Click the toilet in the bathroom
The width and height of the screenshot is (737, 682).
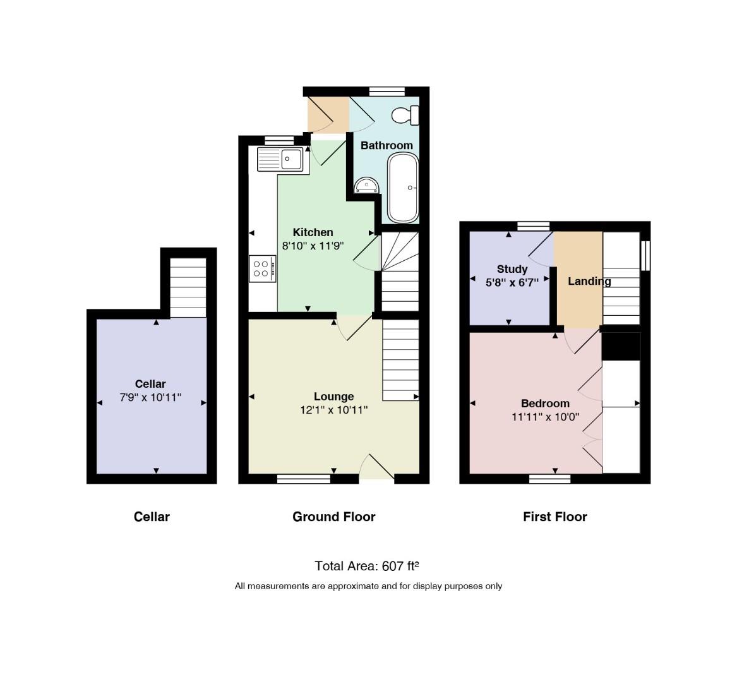405,115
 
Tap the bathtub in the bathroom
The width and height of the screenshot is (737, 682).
403,188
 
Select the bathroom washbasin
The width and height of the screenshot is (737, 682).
367,185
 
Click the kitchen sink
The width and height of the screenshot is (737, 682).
280,159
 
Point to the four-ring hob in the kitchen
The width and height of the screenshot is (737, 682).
262,268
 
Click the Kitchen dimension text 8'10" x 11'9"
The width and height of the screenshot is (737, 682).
313,246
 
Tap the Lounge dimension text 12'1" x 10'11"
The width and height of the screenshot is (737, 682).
333,410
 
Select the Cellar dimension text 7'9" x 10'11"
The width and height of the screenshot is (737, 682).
150,397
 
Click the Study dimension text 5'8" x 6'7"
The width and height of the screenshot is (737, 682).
512,282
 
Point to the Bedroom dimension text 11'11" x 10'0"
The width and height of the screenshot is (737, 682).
545,416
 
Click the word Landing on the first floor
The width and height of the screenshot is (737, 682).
589,282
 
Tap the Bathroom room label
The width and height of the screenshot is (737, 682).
387,145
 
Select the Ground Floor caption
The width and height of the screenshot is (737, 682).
333,517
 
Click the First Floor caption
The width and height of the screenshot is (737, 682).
555,517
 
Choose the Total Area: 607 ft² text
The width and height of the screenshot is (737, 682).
367,566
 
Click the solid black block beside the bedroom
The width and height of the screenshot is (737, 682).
621,347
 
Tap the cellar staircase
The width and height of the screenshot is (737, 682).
188,287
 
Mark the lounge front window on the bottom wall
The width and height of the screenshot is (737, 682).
304,479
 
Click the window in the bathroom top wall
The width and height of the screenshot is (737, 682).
387,91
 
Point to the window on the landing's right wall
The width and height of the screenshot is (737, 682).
646,256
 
